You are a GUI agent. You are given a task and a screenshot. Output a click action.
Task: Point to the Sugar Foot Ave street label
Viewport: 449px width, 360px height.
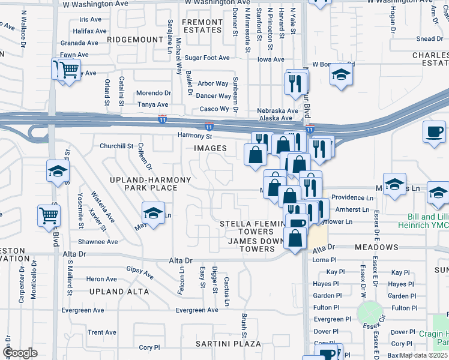click(x=207, y=58)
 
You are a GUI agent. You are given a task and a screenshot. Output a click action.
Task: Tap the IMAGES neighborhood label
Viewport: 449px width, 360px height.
click(x=210, y=148)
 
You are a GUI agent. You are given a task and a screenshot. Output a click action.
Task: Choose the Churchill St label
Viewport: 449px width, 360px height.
click(x=116, y=146)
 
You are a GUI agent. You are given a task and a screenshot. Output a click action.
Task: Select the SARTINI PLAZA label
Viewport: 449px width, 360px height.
click(x=228, y=344)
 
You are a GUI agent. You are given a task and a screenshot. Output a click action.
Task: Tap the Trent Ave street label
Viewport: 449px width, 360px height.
click(x=102, y=332)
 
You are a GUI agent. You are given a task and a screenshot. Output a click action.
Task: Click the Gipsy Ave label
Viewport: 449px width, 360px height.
click(x=139, y=272)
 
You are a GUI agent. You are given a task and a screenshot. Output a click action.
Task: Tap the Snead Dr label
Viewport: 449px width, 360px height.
click(x=429, y=39)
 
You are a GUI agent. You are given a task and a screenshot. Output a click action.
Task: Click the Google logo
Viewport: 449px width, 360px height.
click(x=20, y=353)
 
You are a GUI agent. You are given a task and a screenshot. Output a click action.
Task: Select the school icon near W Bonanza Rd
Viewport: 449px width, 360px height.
click(x=341, y=76)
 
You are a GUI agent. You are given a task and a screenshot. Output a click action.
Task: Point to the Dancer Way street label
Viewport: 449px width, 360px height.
click(x=214, y=96)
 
